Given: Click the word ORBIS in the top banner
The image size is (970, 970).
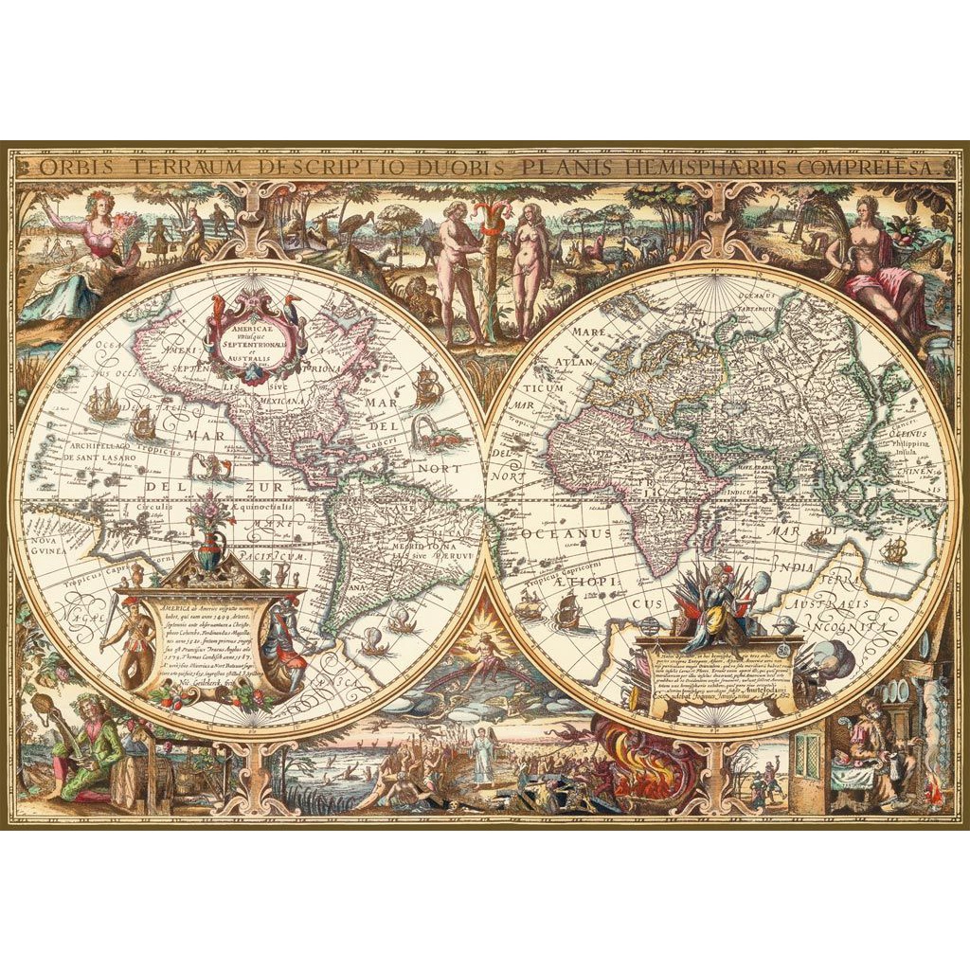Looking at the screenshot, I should tap(72, 168).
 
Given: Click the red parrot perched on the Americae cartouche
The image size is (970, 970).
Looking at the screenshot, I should tap(219, 307).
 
